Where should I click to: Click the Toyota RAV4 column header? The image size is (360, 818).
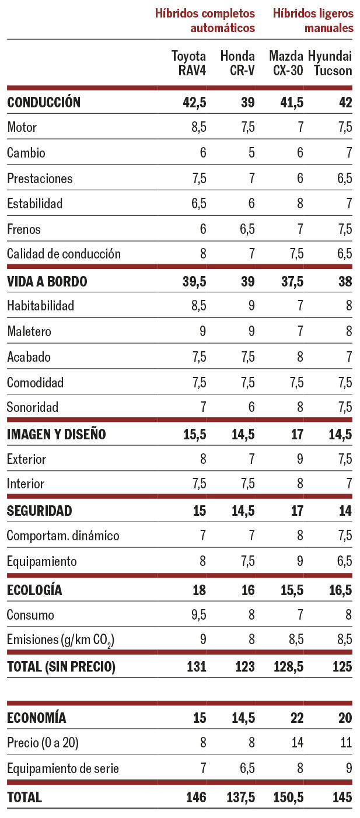pos(188,64)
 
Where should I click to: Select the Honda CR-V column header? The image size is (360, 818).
pos(237,64)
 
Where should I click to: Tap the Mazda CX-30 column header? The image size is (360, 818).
pos(286,64)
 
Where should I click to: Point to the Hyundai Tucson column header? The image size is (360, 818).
pos(330,64)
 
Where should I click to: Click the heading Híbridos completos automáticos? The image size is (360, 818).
pos(205,20)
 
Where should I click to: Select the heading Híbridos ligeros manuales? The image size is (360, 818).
pos(313,20)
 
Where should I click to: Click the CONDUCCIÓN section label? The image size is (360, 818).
pos(44,103)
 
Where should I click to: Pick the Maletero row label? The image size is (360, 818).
pos(29,331)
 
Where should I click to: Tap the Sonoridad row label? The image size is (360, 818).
pos(33,407)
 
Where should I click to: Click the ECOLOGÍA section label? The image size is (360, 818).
pos(34,590)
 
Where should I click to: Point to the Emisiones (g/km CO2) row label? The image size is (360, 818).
pos(60,640)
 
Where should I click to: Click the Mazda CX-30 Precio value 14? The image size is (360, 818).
pos(297,743)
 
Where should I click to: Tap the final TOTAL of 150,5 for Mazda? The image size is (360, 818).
pos(289,797)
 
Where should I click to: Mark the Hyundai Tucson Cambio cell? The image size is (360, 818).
pos(348,153)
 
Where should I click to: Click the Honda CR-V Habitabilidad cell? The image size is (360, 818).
pos(251,306)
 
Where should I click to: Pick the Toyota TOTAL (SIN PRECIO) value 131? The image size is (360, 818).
pos(195,666)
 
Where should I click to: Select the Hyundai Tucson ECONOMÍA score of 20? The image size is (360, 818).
pos(345,718)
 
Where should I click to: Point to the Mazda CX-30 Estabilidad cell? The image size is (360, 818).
pos(300,204)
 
